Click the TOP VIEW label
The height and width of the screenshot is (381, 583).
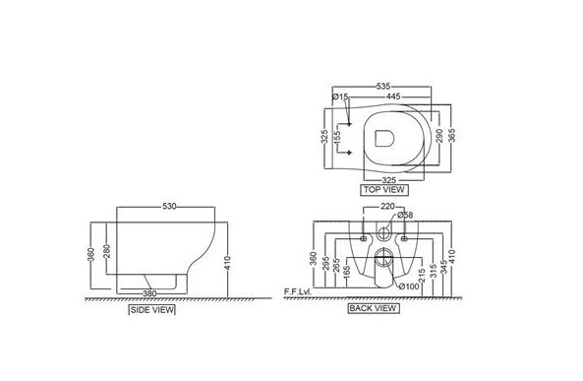(x=384, y=190)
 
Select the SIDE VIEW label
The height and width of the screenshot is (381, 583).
(x=151, y=309)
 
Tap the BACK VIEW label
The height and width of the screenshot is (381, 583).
(x=373, y=308)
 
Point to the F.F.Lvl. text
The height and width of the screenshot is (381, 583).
(x=298, y=291)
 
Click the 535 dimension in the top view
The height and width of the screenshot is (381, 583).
(x=383, y=87)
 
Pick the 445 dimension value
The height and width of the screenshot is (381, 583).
(x=393, y=96)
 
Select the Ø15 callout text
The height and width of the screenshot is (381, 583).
(x=340, y=96)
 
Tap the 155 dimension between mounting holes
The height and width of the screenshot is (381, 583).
(x=337, y=137)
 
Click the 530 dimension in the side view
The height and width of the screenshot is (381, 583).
(x=169, y=207)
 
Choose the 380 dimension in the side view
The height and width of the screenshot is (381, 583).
(x=149, y=293)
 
